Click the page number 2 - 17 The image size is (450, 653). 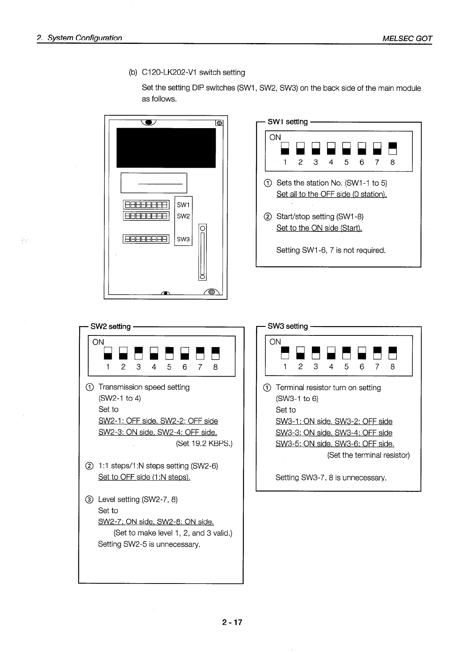[232, 622]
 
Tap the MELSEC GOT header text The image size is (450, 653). [407, 38]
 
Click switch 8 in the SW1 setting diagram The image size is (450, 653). [393, 148]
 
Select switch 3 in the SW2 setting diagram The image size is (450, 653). [138, 353]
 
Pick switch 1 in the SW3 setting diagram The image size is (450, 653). [285, 353]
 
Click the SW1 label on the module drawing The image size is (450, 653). [183, 205]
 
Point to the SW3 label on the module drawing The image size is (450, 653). [183, 239]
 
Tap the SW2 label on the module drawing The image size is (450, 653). [183, 216]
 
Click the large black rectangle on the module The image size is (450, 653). [166, 148]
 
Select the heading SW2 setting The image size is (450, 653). [111, 326]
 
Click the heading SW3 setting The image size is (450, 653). [287, 326]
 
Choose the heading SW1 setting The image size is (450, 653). [287, 122]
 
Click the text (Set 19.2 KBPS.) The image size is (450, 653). [204, 443]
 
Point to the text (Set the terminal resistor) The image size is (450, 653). [369, 455]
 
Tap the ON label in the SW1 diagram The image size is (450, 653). [275, 137]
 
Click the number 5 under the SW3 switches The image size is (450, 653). [346, 367]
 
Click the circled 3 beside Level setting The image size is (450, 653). [89, 500]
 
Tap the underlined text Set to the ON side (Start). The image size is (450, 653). [319, 228]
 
